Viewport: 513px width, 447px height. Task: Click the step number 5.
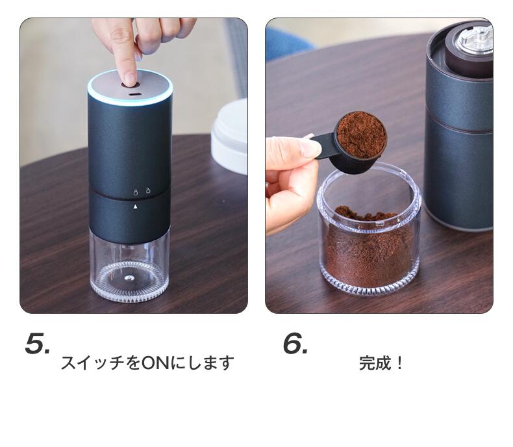pos(37,343)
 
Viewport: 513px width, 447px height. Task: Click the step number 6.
pos(295,343)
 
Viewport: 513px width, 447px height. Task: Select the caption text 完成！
pos(381,363)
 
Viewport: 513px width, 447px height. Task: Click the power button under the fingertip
pos(131,85)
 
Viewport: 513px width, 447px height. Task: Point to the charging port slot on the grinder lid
pos(134,96)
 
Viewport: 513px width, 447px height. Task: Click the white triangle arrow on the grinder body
pos(136,207)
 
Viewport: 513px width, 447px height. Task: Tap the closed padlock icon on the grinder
pos(136,192)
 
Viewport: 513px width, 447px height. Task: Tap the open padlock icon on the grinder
pos(148,190)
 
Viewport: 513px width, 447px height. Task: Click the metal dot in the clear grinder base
pos(129,278)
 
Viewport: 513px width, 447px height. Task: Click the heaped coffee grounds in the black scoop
pos(361,134)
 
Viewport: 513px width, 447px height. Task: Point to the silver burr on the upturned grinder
pos(475,40)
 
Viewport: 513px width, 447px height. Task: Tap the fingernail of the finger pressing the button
pos(131,79)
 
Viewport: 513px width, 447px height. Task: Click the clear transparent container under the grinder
pos(130,264)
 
